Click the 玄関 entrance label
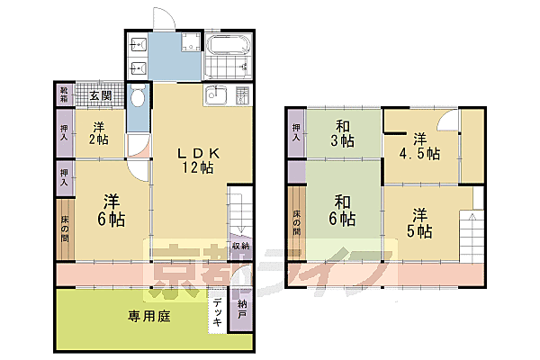coord(99,95)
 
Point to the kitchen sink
coord(216,95)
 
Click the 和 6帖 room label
coord(341,211)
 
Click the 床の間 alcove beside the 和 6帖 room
coord(296,220)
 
